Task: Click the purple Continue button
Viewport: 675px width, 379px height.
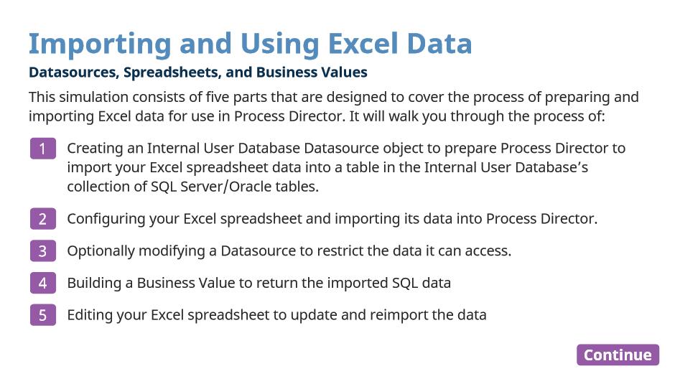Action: [618, 355]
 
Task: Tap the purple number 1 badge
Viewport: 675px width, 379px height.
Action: [43, 149]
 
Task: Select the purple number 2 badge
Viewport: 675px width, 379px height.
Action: [43, 219]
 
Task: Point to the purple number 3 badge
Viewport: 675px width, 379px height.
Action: [43, 251]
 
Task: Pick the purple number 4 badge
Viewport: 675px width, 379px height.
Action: [43, 283]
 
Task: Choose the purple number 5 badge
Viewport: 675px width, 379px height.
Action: [43, 315]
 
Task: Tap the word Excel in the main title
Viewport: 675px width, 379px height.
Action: [363, 44]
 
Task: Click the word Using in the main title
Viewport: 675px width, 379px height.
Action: [279, 45]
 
